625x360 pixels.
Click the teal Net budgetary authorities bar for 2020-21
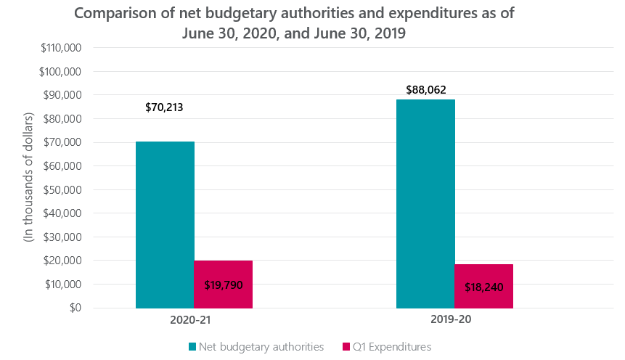coord(165,225)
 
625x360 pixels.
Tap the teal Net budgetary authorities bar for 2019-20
coord(425,204)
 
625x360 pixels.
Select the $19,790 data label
coord(223,285)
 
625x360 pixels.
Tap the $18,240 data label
coord(483,287)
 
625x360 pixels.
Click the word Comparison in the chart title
coord(128,14)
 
